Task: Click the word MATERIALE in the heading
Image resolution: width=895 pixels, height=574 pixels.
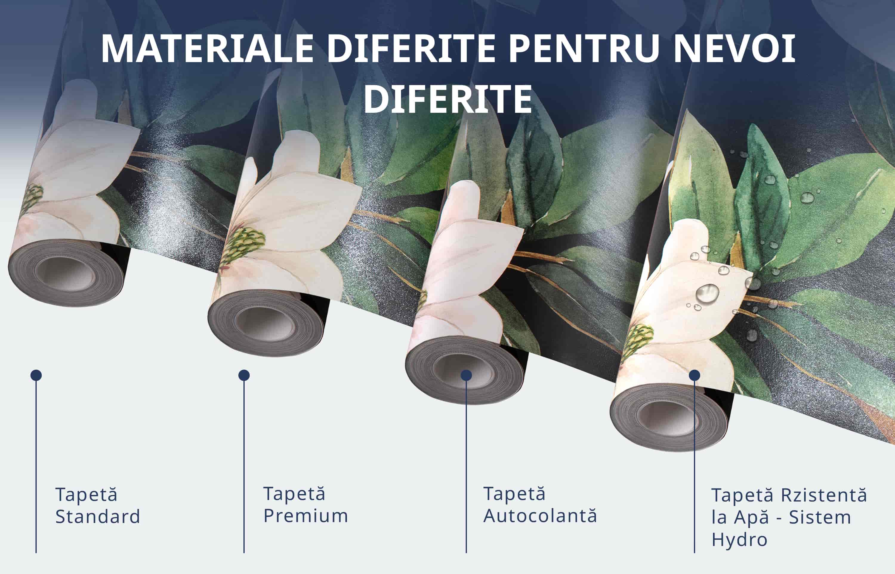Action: pyautogui.click(x=207, y=49)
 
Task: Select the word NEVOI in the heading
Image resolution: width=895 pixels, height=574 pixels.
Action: pyautogui.click(x=735, y=49)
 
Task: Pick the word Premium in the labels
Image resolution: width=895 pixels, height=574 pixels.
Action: pyautogui.click(x=305, y=516)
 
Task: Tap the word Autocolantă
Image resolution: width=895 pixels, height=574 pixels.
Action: pyautogui.click(x=540, y=516)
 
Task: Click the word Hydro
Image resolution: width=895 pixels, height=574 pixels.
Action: pyautogui.click(x=739, y=539)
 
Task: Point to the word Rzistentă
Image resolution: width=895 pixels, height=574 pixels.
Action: pyautogui.click(x=823, y=495)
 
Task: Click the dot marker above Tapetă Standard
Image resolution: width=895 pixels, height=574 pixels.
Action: pyautogui.click(x=36, y=375)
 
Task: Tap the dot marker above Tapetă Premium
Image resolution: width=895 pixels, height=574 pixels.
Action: pyautogui.click(x=244, y=375)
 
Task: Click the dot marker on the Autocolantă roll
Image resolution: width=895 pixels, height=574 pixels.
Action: pyautogui.click(x=466, y=375)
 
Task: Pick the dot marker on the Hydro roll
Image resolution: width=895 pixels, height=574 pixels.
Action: pyautogui.click(x=695, y=375)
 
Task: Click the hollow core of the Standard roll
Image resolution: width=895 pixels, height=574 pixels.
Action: pyautogui.click(x=66, y=275)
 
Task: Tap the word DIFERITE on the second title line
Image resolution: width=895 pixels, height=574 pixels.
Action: pyautogui.click(x=447, y=99)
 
